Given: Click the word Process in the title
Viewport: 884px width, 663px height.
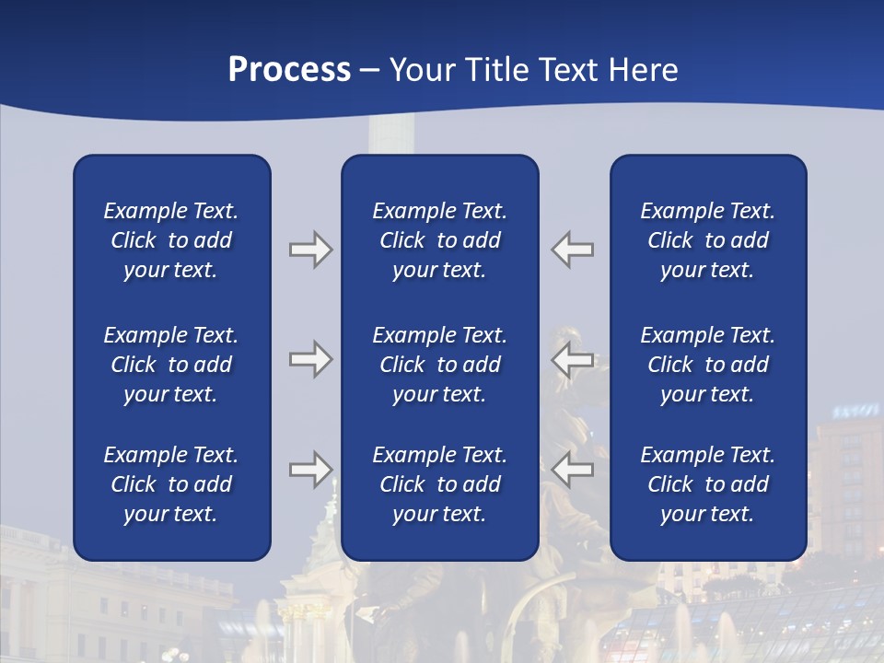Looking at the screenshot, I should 289,70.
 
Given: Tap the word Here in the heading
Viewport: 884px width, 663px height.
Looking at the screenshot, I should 644,70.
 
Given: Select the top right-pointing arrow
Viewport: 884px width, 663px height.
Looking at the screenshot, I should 310,250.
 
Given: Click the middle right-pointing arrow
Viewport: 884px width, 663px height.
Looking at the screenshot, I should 310,359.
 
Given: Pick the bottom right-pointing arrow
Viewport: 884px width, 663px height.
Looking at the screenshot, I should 310,470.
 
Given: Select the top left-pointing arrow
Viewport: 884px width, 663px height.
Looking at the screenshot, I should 573,250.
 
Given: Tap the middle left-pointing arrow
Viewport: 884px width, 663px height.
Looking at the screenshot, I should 573,359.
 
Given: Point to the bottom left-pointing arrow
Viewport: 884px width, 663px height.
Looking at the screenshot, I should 573,470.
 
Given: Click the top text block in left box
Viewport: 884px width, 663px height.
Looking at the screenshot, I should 171,240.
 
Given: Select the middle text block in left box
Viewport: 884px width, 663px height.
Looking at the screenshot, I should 171,365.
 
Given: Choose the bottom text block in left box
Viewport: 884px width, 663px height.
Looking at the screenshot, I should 171,484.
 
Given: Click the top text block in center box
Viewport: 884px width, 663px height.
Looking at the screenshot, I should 439,240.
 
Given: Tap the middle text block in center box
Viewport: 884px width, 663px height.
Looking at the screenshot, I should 439,365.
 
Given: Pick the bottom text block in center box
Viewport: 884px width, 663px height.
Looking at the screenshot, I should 439,484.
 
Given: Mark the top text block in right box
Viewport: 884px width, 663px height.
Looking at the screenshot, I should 707,240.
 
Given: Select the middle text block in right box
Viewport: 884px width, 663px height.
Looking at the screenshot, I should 707,365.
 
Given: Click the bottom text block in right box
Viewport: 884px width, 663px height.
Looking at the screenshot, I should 707,484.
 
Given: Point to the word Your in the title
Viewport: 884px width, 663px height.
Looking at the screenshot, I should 421,70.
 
